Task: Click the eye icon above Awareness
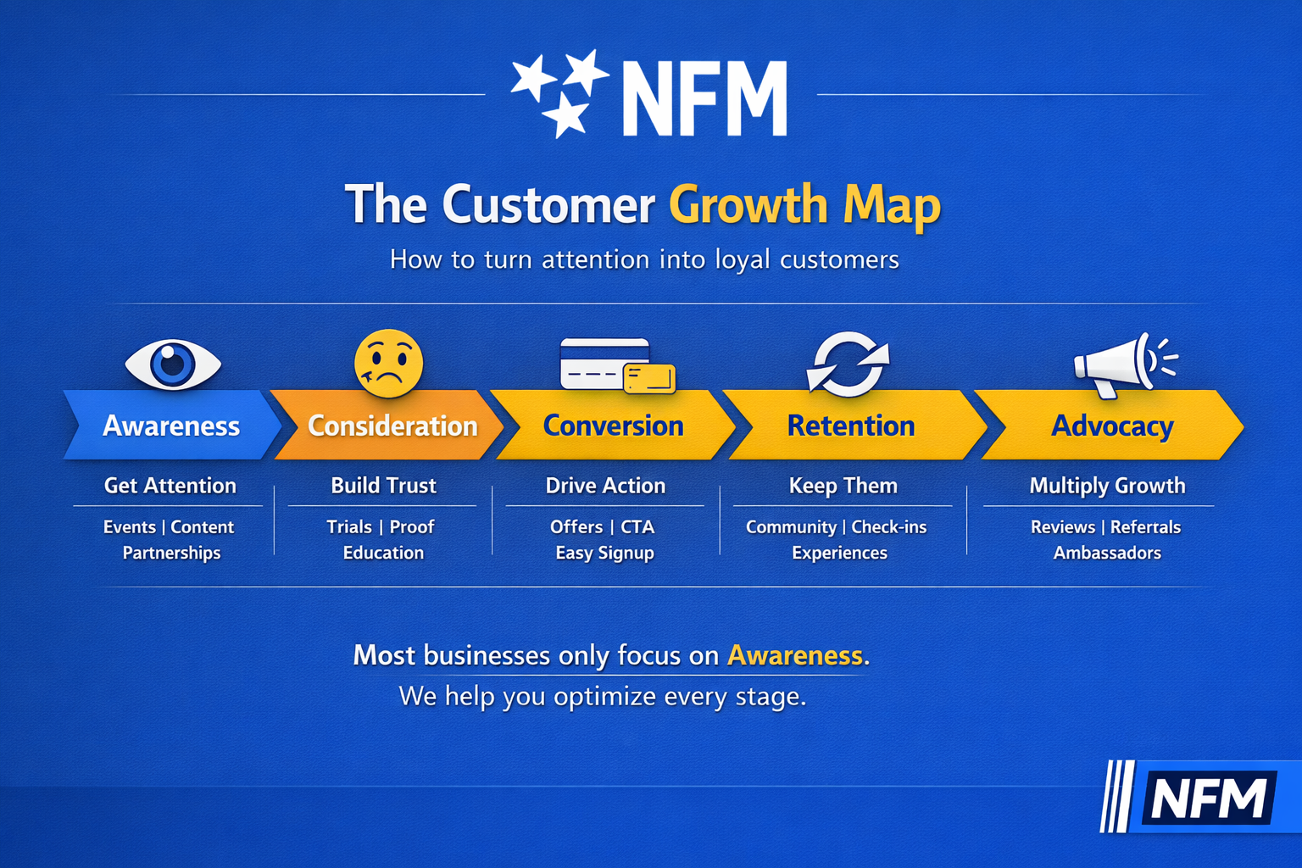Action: [x=173, y=364]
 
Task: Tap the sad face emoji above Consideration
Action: [x=389, y=364]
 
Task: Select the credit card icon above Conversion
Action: [x=617, y=365]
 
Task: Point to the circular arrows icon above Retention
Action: [x=848, y=364]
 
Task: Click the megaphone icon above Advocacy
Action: [x=1126, y=365]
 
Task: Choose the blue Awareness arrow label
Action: [x=171, y=426]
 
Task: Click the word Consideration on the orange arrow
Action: [x=392, y=426]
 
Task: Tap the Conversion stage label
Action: [x=613, y=426]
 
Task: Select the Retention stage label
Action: [x=851, y=426]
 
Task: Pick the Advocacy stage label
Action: [x=1112, y=426]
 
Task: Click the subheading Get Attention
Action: [x=170, y=486]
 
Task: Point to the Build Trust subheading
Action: [x=384, y=486]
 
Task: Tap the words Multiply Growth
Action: [x=1107, y=486]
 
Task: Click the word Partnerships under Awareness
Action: [x=171, y=553]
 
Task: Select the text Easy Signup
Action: [x=605, y=553]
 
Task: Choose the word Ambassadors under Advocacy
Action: [x=1107, y=553]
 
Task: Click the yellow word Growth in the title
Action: [x=748, y=205]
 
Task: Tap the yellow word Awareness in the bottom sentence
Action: [x=795, y=655]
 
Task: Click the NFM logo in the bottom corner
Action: [x=1201, y=797]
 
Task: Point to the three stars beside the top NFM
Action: [x=559, y=93]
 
